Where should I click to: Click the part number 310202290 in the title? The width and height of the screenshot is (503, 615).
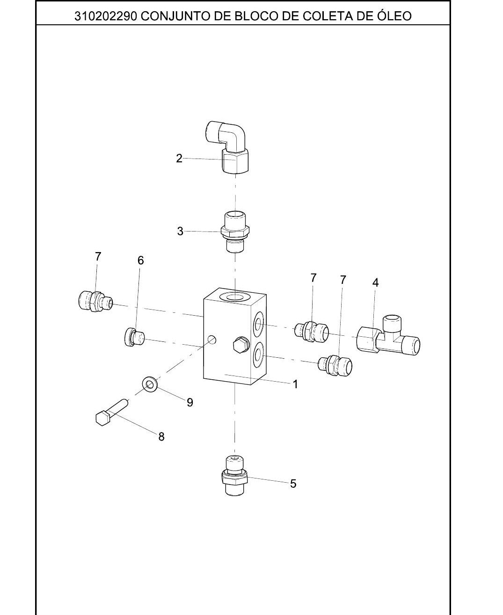[x=106, y=16]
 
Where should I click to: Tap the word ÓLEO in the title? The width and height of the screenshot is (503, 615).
[x=394, y=15]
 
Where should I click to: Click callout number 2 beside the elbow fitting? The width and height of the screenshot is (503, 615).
[x=179, y=159]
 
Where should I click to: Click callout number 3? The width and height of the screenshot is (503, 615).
[x=180, y=231]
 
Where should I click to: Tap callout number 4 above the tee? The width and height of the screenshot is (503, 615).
[x=376, y=282]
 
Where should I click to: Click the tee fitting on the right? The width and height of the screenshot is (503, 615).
[x=388, y=335]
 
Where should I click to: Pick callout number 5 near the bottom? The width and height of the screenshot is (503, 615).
[x=293, y=484]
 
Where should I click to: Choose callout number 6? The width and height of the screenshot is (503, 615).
[x=141, y=260]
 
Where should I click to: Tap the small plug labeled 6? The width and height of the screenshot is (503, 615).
[x=134, y=337]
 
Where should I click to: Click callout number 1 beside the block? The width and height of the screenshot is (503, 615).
[x=295, y=384]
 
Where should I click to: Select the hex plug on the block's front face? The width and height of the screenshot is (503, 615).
[x=241, y=345]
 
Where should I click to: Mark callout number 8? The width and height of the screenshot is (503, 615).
[x=161, y=437]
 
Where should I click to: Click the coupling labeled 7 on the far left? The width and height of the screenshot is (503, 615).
[x=95, y=301]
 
